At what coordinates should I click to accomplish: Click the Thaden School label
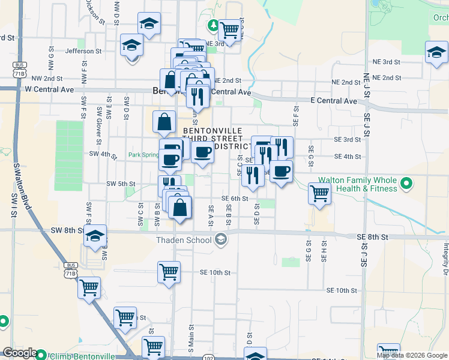pos(184,240)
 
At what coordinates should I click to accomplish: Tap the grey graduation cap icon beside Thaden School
pos(220,240)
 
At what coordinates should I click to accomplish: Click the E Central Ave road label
pos(333,101)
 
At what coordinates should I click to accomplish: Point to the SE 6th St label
pos(235,199)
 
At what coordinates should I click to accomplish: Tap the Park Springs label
pos(143,155)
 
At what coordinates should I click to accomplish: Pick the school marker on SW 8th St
pos(95,236)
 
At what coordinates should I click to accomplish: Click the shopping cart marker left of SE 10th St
pos(169,271)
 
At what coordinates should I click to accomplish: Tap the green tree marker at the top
pos(212,25)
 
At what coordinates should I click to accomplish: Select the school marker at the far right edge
pos(436,52)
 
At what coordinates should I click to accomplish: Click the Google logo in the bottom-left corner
pos(19,353)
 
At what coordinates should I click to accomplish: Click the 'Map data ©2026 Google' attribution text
pos(412,355)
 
